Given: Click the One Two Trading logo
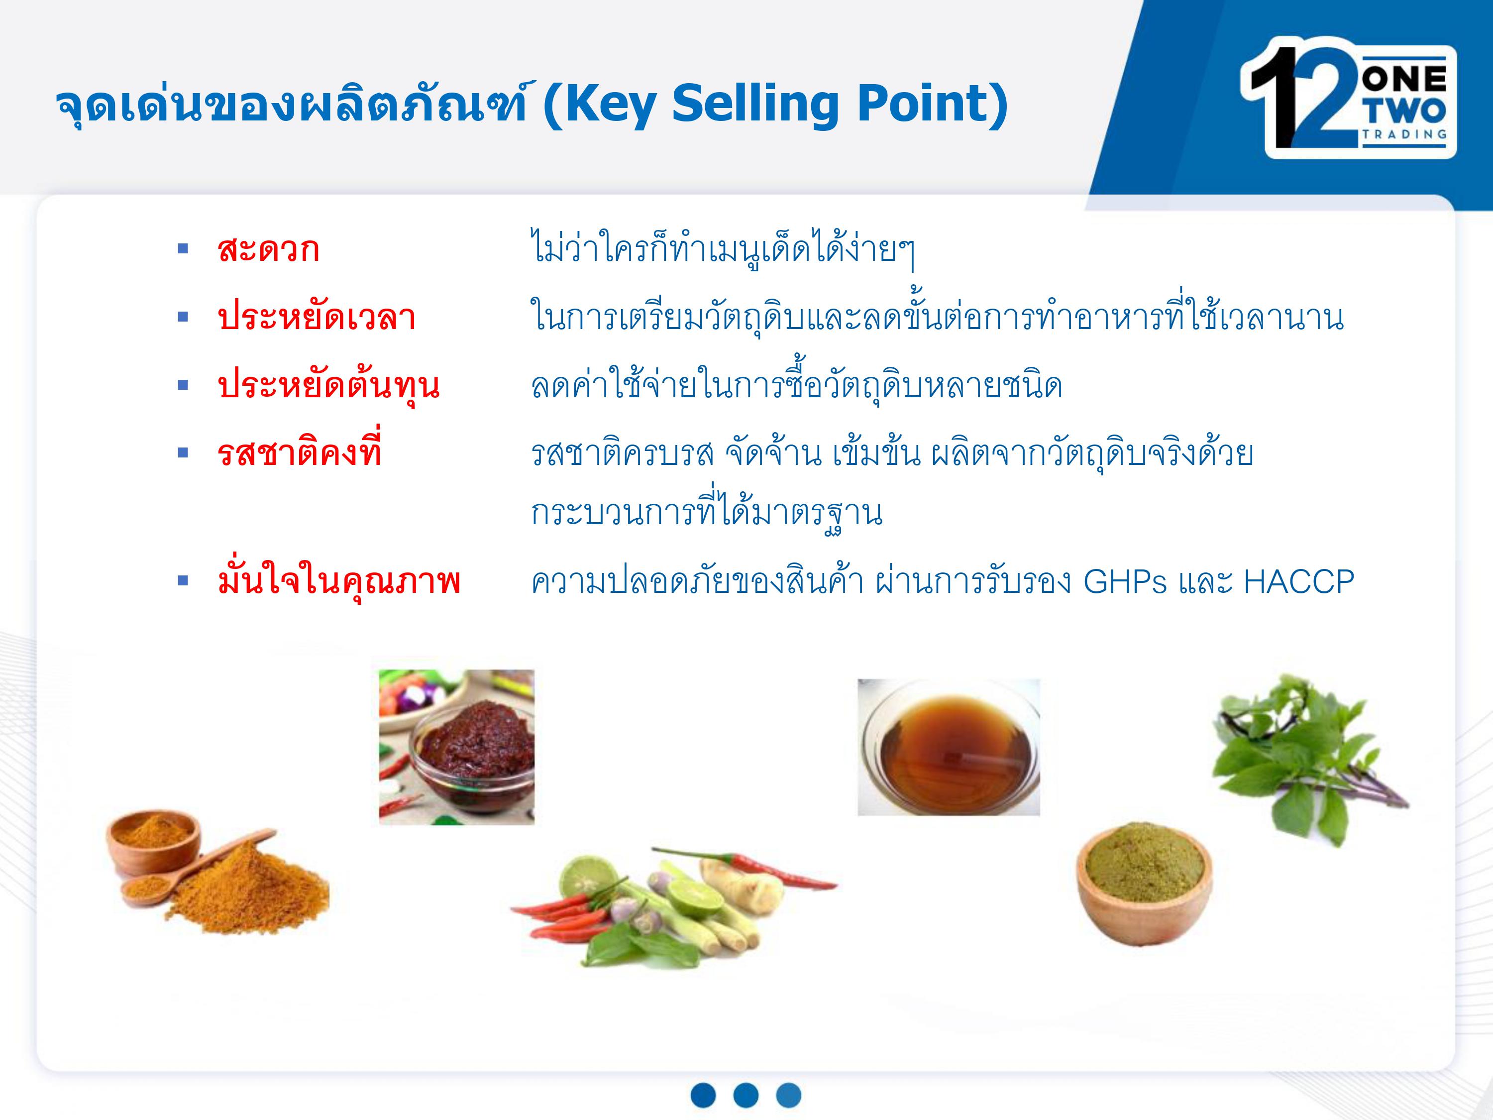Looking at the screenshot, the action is point(1347,99).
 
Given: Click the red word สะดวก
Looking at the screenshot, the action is point(268,249).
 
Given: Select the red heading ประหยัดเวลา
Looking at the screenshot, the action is point(316,317).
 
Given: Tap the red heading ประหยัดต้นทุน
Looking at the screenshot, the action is point(328,385).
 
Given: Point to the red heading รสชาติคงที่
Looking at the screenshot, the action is point(300,448).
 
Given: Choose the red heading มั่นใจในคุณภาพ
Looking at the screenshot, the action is point(339,580).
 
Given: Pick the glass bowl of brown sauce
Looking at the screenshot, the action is point(949,747).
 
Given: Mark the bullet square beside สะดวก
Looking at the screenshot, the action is point(182,249).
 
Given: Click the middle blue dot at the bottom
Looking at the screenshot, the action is point(746,1095).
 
